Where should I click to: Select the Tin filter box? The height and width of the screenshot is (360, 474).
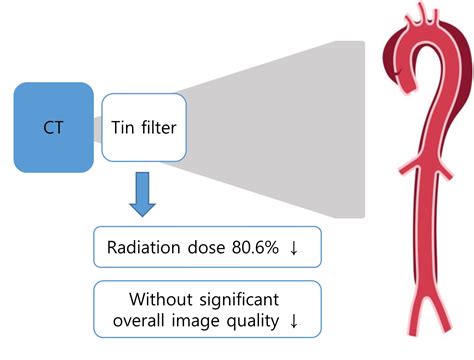coord(145,128)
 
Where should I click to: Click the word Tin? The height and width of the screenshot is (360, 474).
coord(122,128)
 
